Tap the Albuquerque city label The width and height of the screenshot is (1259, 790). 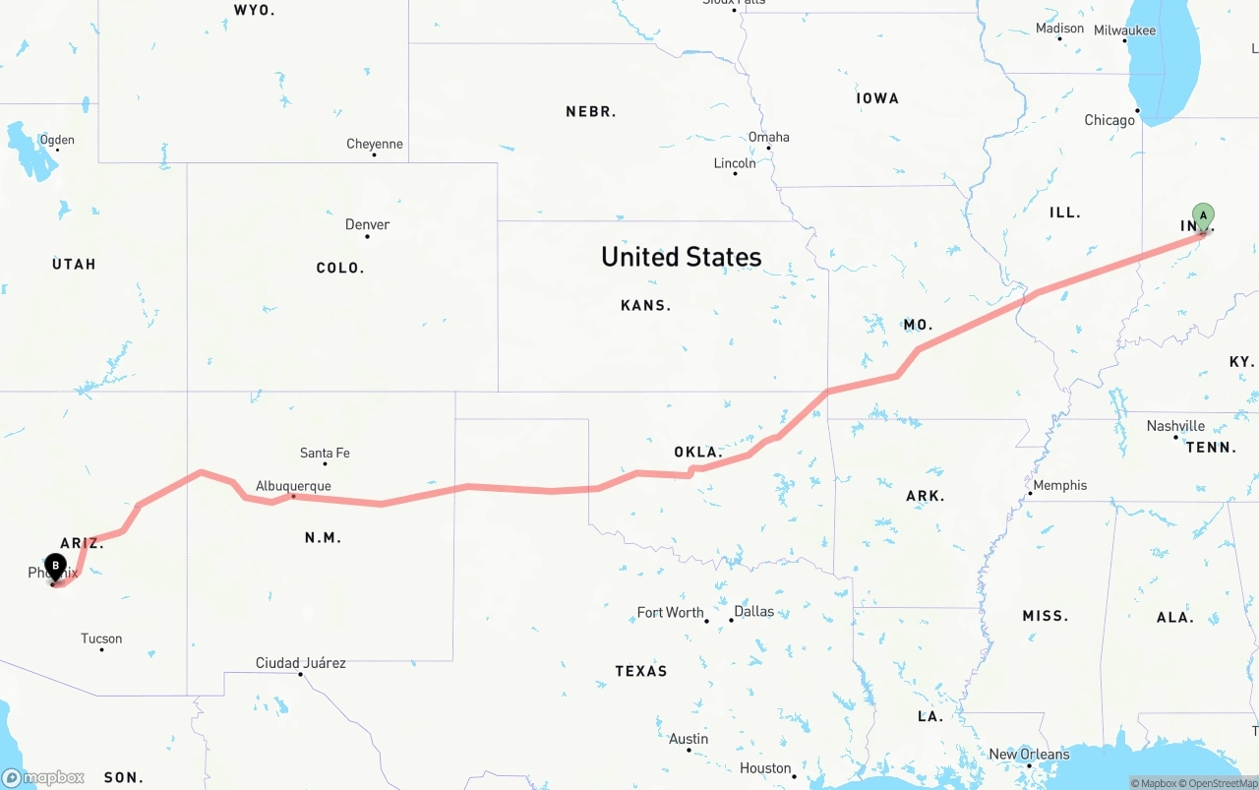pyautogui.click(x=293, y=486)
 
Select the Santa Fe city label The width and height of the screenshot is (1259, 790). pyautogui.click(x=325, y=454)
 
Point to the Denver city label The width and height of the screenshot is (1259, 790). pyautogui.click(x=367, y=225)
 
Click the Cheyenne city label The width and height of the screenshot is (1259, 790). pyautogui.click(x=374, y=145)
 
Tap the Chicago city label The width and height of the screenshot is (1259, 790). pyautogui.click(x=1109, y=120)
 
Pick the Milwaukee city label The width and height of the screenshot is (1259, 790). pyautogui.click(x=1124, y=30)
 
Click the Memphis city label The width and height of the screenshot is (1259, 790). pyautogui.click(x=1059, y=485)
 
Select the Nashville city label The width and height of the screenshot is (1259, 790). pyautogui.click(x=1175, y=426)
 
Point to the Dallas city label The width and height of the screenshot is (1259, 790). pyautogui.click(x=753, y=612)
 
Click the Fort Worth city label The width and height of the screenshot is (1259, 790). pyautogui.click(x=670, y=613)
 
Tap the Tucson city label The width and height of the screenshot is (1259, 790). pyautogui.click(x=101, y=639)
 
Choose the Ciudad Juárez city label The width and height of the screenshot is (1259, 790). pyautogui.click(x=300, y=663)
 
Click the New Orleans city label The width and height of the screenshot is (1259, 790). pyautogui.click(x=1029, y=755)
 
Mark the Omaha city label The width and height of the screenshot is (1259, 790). pyautogui.click(x=768, y=138)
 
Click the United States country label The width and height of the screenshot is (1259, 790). pyautogui.click(x=681, y=257)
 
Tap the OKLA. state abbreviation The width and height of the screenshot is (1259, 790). pyautogui.click(x=698, y=453)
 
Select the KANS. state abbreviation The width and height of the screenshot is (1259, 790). pyautogui.click(x=645, y=306)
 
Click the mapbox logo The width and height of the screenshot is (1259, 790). pyautogui.click(x=43, y=778)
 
